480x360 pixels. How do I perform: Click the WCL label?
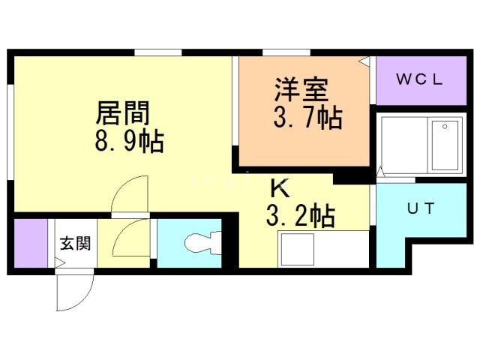(419, 79)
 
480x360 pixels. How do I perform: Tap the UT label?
(421, 208)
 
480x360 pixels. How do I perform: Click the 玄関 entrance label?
(75, 243)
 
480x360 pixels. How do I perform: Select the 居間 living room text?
(122, 112)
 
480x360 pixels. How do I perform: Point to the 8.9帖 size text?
(129, 141)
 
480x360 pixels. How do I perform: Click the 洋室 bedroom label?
(301, 89)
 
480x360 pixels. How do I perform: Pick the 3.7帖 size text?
(307, 117)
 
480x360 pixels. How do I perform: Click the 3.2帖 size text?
(301, 216)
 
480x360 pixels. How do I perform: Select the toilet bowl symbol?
(202, 243)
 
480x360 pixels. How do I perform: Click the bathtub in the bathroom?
(445, 145)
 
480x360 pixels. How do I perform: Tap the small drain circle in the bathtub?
(445, 127)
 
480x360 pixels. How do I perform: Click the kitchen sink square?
(297, 249)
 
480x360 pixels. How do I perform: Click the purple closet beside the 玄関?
(31, 243)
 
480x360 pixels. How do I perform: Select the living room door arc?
(130, 193)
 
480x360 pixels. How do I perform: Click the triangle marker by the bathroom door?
(380, 172)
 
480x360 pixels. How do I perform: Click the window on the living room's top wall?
(158, 52)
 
